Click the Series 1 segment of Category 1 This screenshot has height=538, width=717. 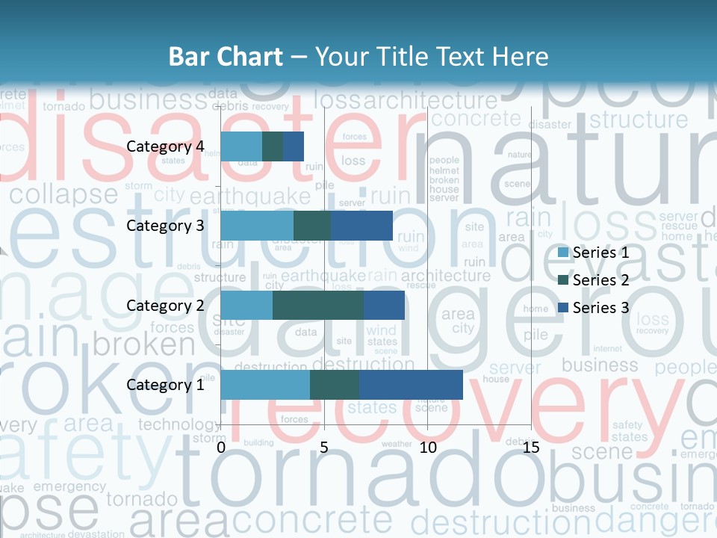tap(265, 385)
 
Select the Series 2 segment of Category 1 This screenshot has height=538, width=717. tap(335, 385)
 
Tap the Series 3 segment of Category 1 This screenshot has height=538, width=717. tap(411, 385)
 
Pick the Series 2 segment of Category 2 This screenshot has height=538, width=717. tap(318, 305)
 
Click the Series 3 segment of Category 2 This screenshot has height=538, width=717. tap(384, 305)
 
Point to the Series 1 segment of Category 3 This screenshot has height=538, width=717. tap(257, 226)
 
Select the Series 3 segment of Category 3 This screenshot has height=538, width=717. tap(361, 226)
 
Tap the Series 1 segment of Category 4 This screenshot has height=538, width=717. tap(241, 146)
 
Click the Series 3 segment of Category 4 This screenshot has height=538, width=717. tap(294, 146)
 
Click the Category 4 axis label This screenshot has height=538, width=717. tap(165, 146)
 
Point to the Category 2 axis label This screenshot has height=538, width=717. tap(165, 305)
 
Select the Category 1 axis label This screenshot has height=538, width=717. tap(165, 385)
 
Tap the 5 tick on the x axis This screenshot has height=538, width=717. tap(324, 448)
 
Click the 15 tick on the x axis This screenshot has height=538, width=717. tap(531, 448)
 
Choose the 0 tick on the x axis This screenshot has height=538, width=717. tap(221, 448)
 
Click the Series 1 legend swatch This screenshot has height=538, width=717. tap(564, 253)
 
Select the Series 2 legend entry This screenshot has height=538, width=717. tap(594, 280)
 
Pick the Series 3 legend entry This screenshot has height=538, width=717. tap(594, 308)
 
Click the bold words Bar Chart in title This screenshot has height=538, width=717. tap(225, 57)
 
